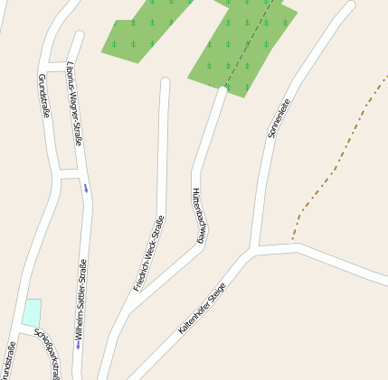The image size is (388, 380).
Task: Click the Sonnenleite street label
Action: pyautogui.click(x=279, y=118)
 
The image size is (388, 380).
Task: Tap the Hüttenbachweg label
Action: pyautogui.click(x=197, y=216)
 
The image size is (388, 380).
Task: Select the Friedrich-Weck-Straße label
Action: pyautogui.click(x=150, y=254)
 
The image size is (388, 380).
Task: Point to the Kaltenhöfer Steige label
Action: pyautogui.click(x=202, y=310)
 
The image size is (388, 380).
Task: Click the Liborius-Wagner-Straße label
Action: pyautogui.click(x=76, y=104)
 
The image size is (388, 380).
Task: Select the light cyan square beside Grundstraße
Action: pyautogui.click(x=32, y=312)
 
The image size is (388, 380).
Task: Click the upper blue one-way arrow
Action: pyautogui.click(x=86, y=188)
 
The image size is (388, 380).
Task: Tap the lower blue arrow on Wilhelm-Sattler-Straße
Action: pyautogui.click(x=78, y=344)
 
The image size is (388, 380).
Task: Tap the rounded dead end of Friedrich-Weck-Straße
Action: pyautogui.click(x=165, y=83)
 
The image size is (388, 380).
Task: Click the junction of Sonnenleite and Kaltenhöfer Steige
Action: pyautogui.click(x=255, y=249)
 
